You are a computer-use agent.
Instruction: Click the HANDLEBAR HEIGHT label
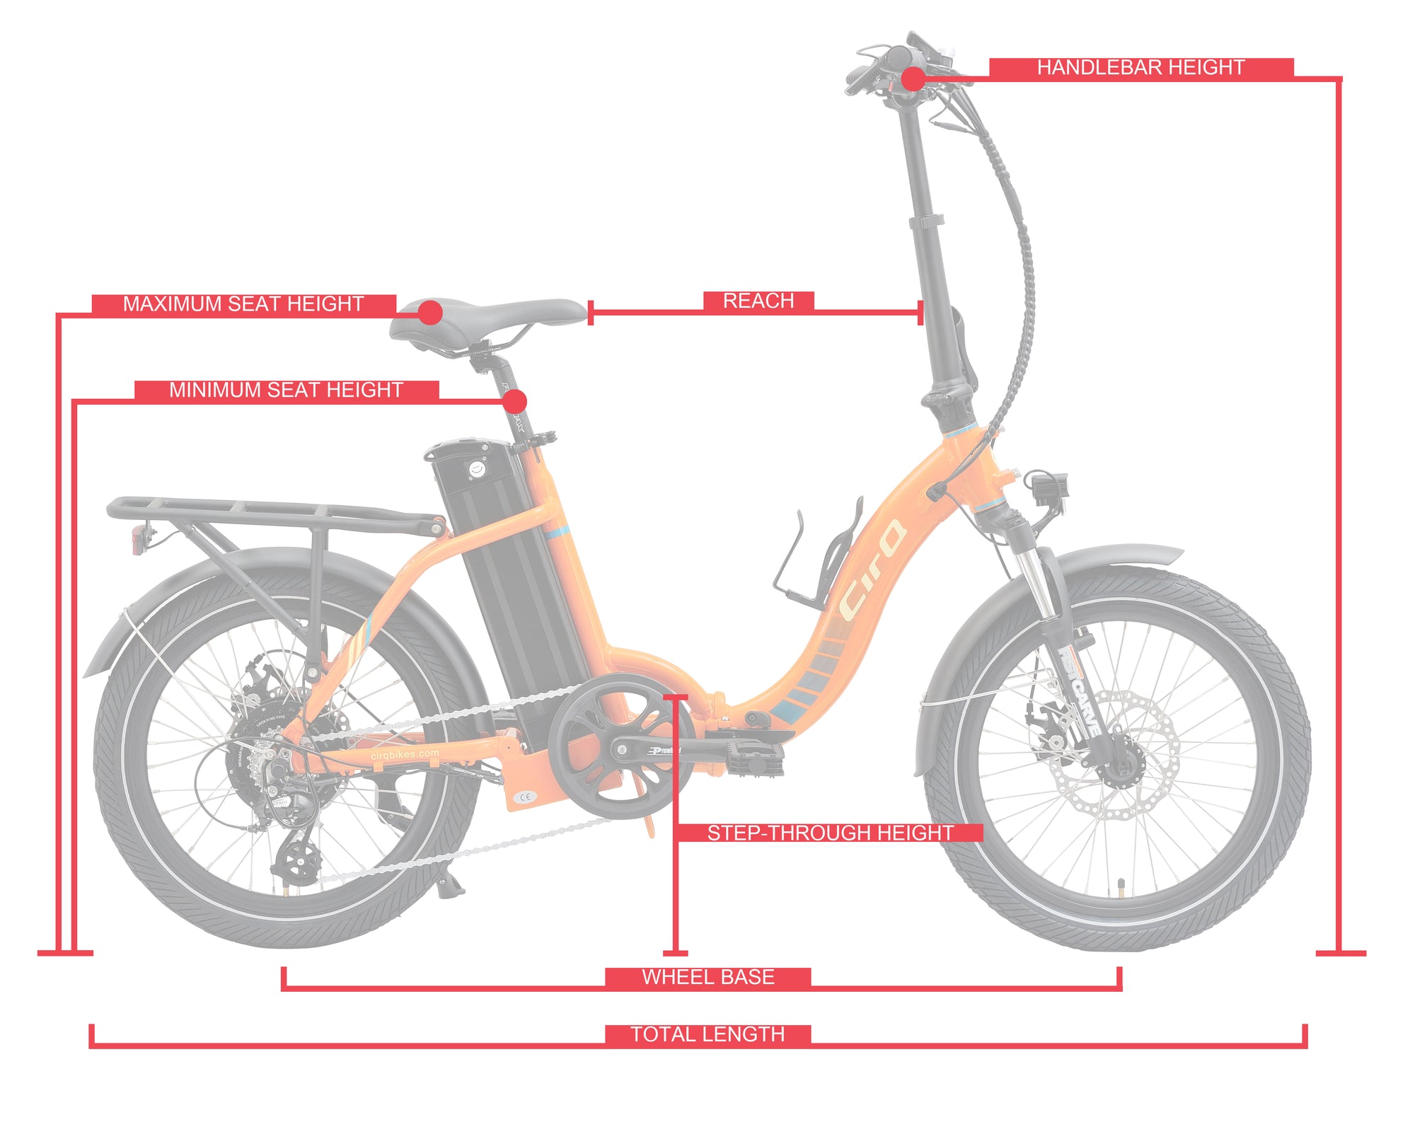[1140, 68]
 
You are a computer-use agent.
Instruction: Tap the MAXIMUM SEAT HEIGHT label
[243, 304]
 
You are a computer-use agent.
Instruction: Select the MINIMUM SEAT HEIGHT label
[286, 390]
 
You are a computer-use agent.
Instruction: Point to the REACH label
[758, 301]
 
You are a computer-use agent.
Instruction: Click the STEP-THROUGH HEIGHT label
[830, 833]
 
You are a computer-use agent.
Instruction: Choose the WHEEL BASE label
[707, 977]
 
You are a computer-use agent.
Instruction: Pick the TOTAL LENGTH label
[707, 1034]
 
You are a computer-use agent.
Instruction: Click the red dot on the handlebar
[913, 79]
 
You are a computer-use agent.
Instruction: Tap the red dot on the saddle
[430, 312]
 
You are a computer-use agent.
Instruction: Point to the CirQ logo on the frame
[872, 569]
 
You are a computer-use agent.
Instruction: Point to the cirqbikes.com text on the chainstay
[405, 755]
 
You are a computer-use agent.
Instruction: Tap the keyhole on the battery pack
[475, 468]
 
